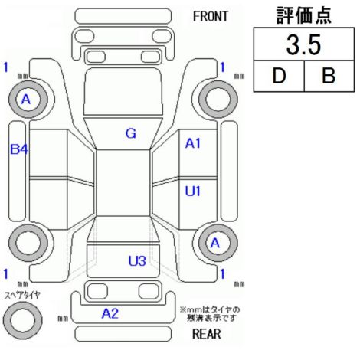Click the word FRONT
point(211,17)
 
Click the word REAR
point(206,334)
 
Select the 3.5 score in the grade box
point(303,44)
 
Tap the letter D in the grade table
point(279,76)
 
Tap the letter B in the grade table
point(329,76)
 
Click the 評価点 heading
point(304,15)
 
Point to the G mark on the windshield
point(131,133)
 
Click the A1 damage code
point(193,143)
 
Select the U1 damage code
point(193,191)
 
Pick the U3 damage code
point(137,261)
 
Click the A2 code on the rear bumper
point(110,313)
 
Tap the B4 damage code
point(19,149)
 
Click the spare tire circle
point(23,320)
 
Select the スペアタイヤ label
point(22,296)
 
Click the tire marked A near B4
point(28,99)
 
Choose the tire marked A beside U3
point(218,243)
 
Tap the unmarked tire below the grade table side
point(218,99)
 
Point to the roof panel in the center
point(123,183)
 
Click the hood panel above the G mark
point(123,91)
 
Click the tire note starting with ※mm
point(210,314)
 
